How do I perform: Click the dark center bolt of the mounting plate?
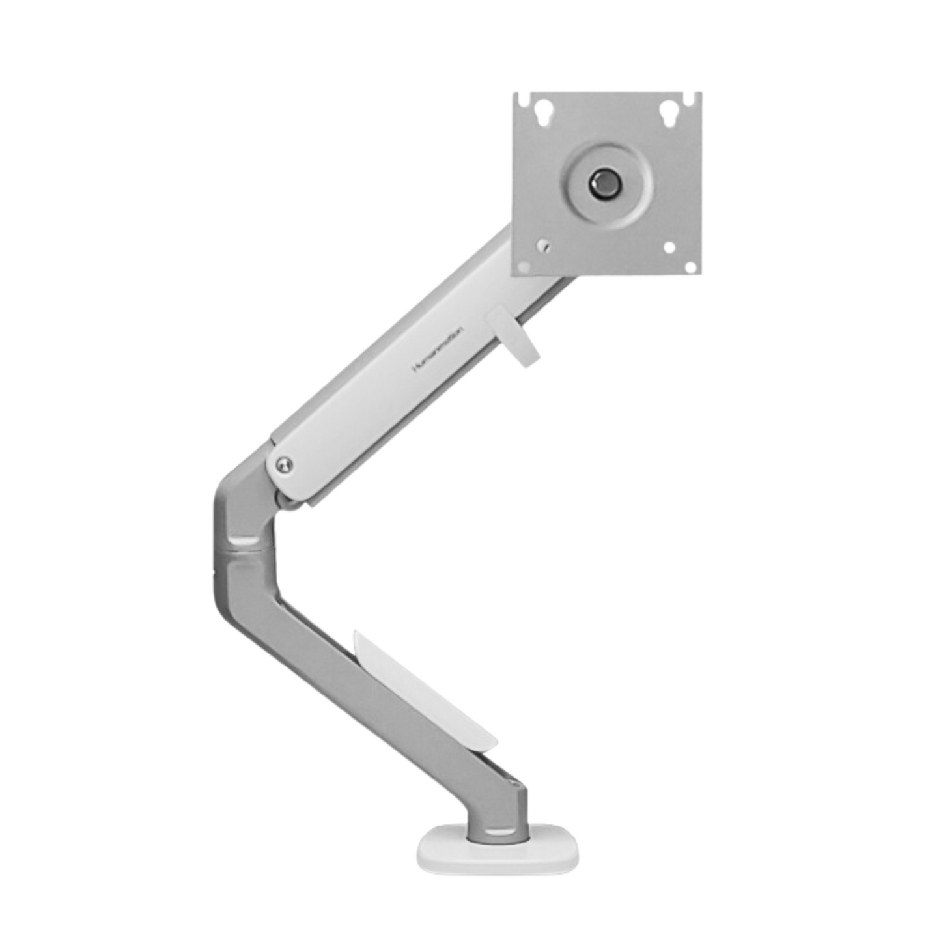click(605, 184)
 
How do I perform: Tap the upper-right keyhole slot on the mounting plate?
click(667, 112)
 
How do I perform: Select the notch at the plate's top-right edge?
click(689, 100)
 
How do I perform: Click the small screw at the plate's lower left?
click(542, 246)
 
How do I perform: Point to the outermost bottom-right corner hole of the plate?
click(690, 266)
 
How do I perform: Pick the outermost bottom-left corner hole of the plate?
click(523, 266)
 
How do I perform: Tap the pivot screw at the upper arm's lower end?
click(284, 465)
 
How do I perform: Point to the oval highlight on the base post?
click(498, 832)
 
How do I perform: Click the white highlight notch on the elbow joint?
click(244, 540)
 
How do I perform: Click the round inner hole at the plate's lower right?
click(669, 247)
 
